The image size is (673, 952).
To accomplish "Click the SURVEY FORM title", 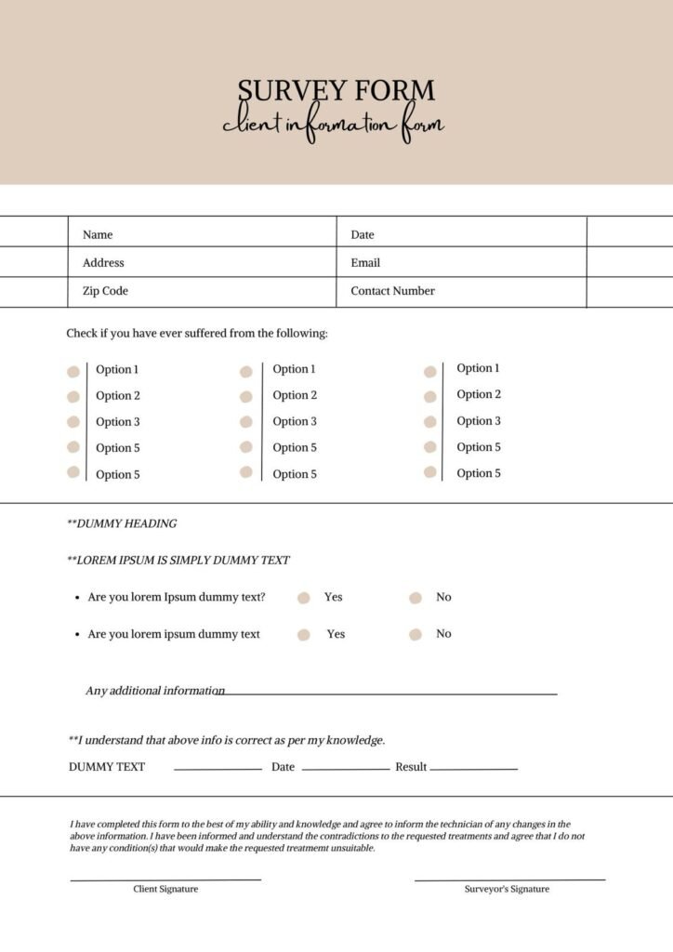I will [336, 91].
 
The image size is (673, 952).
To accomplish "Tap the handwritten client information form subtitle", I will [333, 126].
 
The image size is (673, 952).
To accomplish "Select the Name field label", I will [98, 235].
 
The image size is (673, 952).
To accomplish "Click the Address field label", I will [103, 263].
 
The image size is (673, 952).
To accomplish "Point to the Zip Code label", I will [105, 291].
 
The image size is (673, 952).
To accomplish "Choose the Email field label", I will [365, 263].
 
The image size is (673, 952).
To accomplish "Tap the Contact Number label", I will [392, 291].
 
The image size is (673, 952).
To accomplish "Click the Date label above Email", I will [363, 235].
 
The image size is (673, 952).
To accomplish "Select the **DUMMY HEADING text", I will [122, 523].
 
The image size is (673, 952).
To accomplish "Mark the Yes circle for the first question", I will [303, 598].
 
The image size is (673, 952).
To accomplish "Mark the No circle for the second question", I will [415, 635].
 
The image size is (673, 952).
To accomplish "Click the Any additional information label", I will [154, 691].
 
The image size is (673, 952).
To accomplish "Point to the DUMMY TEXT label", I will [107, 767].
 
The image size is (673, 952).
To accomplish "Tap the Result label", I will [411, 767].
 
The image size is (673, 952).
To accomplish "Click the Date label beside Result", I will [283, 767].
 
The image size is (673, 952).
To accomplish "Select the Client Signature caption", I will [165, 889].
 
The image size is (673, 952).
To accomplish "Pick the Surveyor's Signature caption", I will [507, 889].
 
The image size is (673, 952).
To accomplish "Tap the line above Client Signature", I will [165, 879].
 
